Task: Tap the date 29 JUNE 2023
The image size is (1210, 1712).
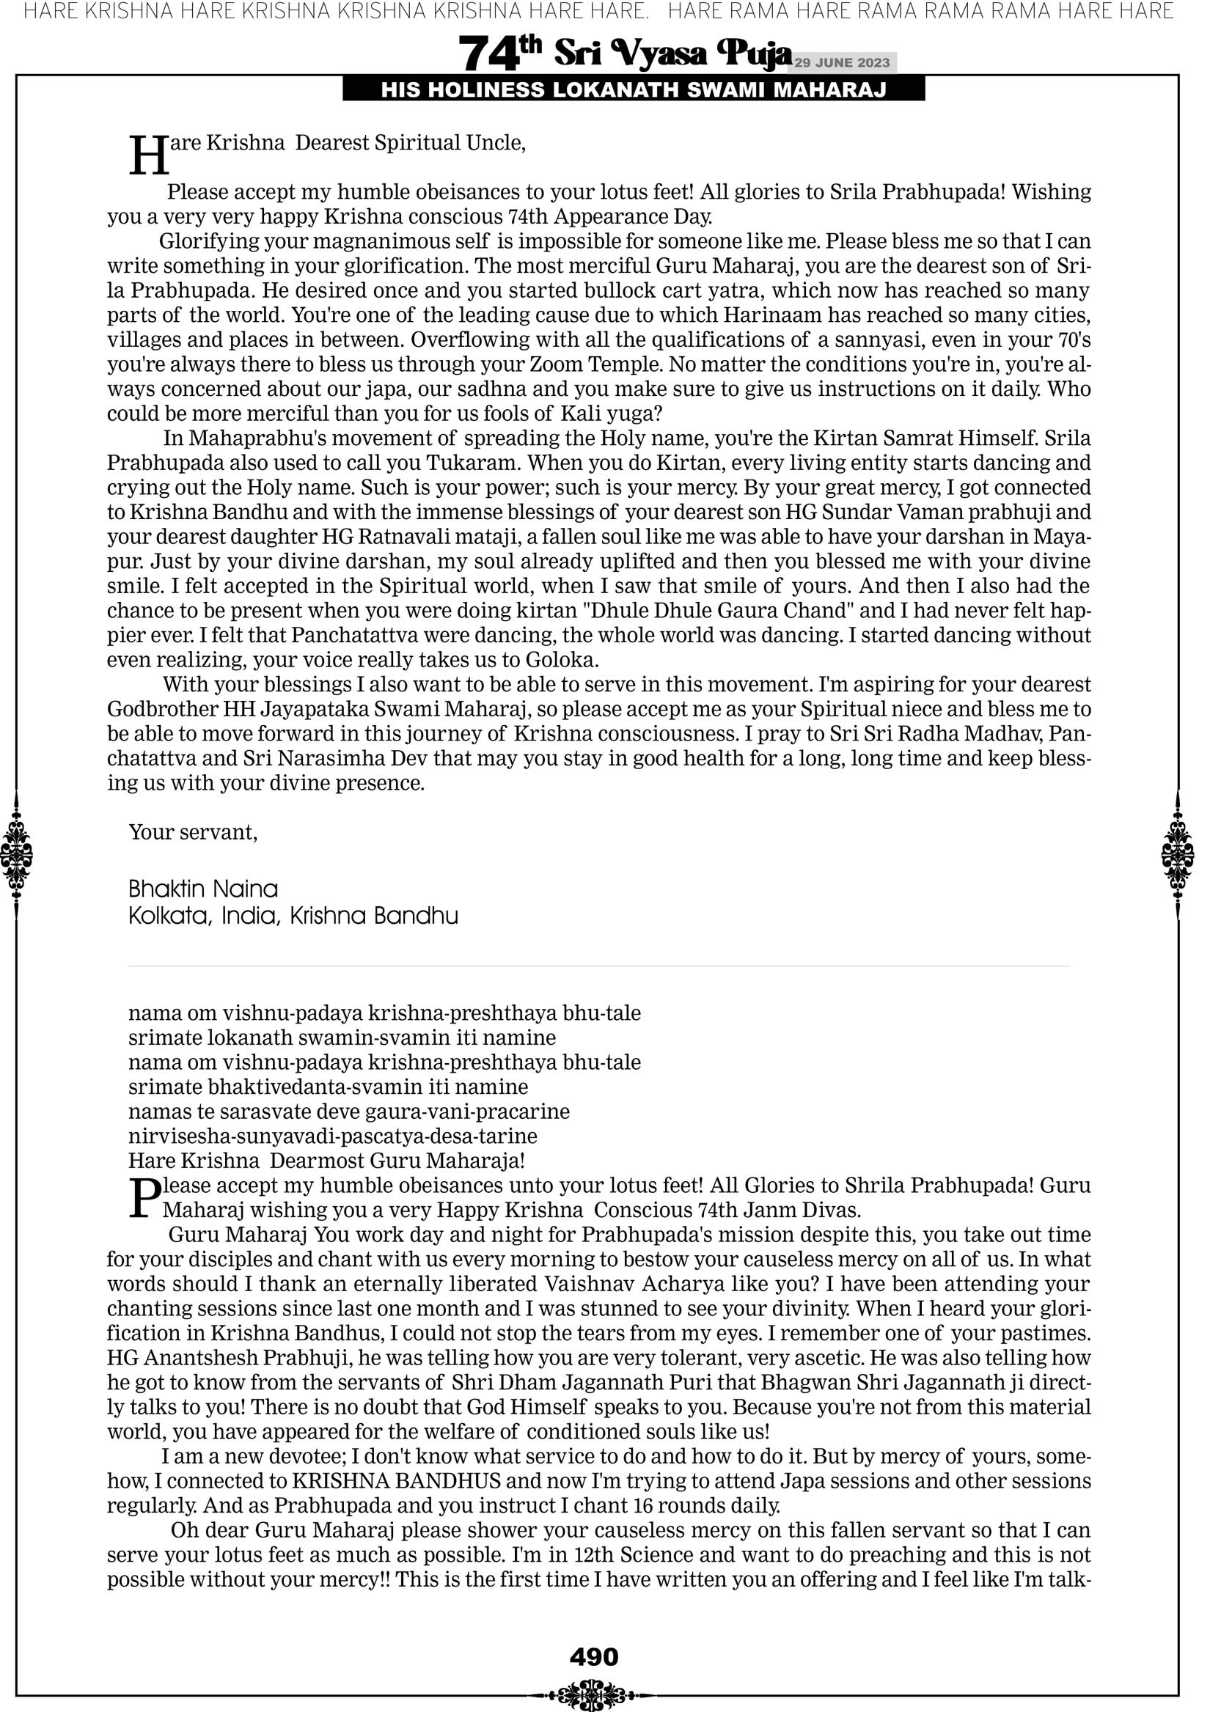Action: pos(841,62)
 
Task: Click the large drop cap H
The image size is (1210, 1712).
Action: pos(149,156)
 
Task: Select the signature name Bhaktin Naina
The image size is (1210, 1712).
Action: pos(203,889)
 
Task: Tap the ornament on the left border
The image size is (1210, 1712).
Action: pos(16,855)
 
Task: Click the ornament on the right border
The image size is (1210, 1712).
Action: pos(1178,855)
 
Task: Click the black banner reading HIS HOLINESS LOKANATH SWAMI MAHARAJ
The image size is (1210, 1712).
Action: pos(634,90)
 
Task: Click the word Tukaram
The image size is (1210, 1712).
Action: pos(474,463)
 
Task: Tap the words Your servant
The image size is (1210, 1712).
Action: pos(193,832)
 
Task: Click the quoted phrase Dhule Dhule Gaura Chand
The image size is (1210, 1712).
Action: pos(719,611)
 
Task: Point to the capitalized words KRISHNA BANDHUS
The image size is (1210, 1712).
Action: pos(396,1481)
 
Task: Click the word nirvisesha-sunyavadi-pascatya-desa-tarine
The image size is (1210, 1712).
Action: pos(333,1136)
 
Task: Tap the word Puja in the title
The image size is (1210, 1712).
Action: pos(753,54)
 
